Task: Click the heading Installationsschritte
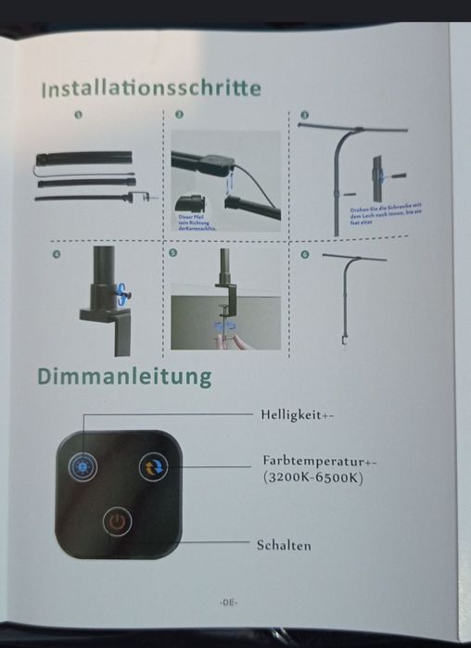pos(150,89)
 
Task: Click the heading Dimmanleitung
pos(124,377)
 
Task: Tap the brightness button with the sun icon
pos(84,466)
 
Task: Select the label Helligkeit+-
pos(297,415)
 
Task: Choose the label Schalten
pos(284,545)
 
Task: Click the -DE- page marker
pos(229,603)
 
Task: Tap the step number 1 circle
pos(79,116)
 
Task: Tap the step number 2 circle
pos(179,115)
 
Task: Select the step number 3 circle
pos(304,115)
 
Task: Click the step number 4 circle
pos(57,252)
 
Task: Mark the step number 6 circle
pos(305,253)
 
